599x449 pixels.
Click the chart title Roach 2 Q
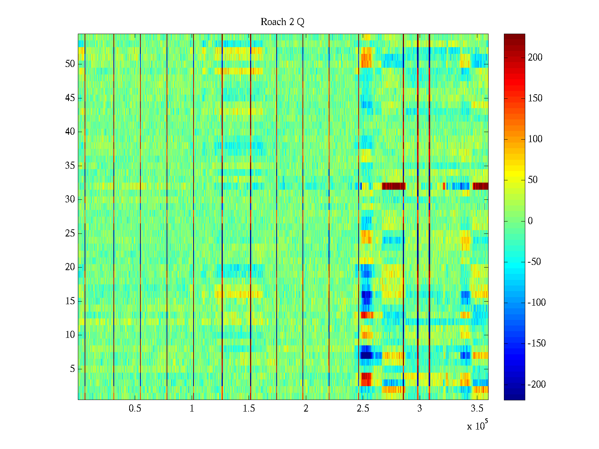click(282, 22)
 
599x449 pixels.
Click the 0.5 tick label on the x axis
click(135, 409)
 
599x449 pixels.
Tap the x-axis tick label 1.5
click(249, 409)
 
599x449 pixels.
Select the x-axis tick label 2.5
click(363, 409)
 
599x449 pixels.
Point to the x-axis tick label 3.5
click(477, 409)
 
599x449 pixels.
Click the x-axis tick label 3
click(419, 409)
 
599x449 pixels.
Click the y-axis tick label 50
click(70, 64)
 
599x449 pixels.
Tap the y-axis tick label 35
click(70, 166)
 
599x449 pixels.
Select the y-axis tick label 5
click(72, 369)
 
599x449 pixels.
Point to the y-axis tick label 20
click(70, 267)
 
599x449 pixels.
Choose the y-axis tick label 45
click(70, 98)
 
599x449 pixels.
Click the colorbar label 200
click(535, 58)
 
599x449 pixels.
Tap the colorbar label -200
click(536, 385)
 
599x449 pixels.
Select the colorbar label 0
click(530, 221)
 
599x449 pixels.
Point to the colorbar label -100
click(536, 303)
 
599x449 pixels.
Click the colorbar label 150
click(535, 98)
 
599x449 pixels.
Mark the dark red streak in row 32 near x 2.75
click(393, 186)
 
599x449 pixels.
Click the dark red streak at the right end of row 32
click(480, 186)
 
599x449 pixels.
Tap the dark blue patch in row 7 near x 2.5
click(366, 355)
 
